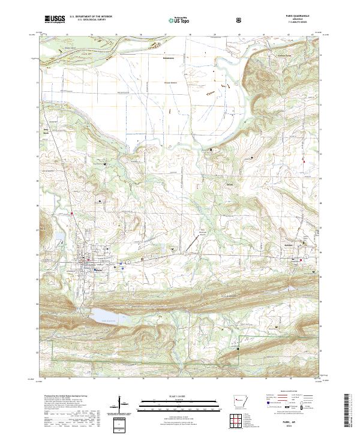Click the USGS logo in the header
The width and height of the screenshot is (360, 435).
point(55,20)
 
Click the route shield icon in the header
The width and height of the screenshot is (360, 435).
point(240,20)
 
